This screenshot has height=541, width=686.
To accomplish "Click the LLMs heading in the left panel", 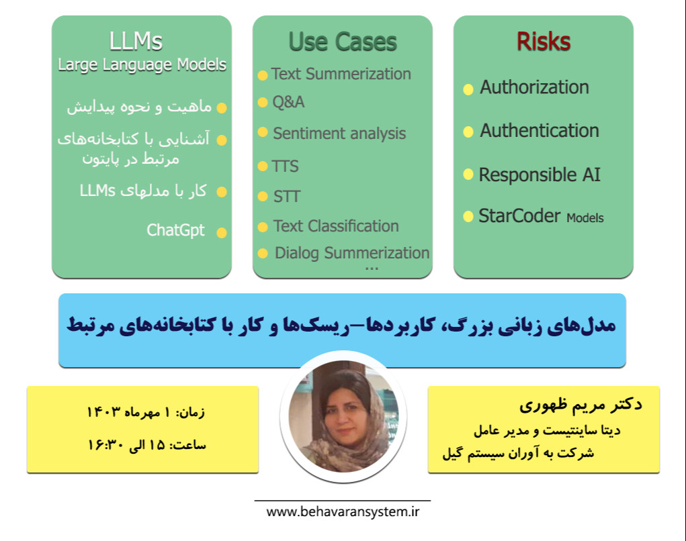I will point(136,42).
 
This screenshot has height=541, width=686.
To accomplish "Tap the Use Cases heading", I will point(343,42).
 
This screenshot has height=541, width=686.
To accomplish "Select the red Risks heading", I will point(543,42).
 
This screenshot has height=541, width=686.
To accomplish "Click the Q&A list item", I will point(288,102).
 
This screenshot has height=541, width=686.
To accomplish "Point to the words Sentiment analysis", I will point(339,133).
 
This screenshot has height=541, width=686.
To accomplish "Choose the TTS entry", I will point(286,166).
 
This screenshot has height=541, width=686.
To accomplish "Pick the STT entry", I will point(286,197).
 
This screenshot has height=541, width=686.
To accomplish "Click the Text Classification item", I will point(336,226).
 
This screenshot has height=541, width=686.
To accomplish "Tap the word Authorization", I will point(534,87).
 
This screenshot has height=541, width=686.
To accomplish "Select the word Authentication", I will point(539,130).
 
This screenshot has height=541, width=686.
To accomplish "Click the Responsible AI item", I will point(540,175).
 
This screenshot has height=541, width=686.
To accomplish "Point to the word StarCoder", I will point(519,216).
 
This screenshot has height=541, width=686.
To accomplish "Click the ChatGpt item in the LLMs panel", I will point(175,230).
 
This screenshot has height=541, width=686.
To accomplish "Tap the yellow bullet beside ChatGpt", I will point(221,232).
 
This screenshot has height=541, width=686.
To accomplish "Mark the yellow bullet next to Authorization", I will point(468,89).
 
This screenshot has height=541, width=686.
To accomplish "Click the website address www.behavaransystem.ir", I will point(343,512).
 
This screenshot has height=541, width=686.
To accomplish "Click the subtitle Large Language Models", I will point(142,65).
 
